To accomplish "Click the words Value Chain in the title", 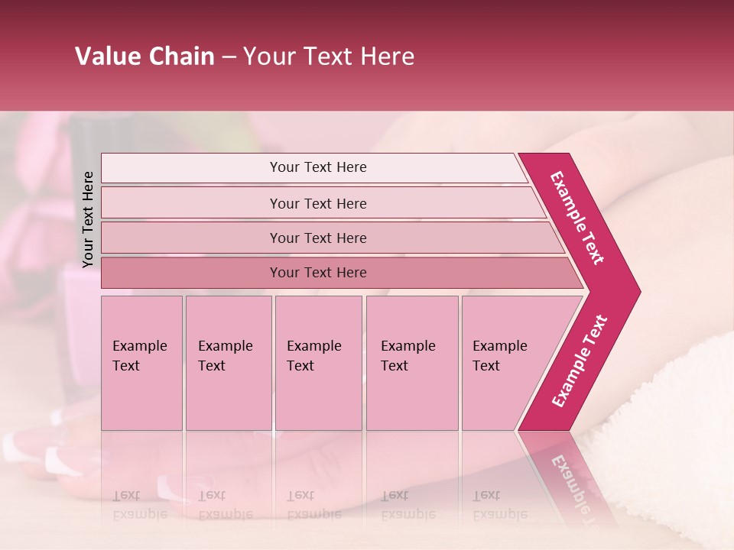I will coord(145,57).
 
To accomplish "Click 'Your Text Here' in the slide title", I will coord(329,57).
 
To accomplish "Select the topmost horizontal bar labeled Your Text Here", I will coord(318,167).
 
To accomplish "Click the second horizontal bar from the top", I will coord(318,203).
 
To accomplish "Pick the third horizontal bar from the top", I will coord(318,238).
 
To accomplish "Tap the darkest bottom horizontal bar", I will coord(318,273).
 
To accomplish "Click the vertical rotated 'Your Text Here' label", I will coord(88,219).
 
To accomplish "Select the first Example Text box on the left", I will coord(141,364).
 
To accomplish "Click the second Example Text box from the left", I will coord(228,364).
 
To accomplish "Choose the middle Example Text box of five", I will coord(318,364).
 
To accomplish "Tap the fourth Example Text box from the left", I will coord(411,364).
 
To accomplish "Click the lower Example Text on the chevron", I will coord(579,361).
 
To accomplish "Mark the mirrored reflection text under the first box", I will coord(140,505).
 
